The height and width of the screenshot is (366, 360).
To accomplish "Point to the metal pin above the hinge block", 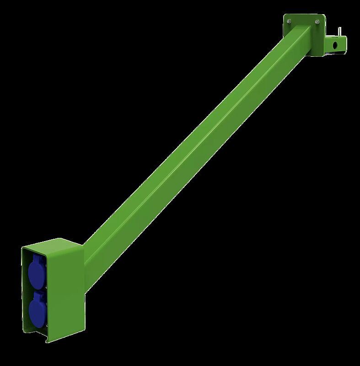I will point(339,30).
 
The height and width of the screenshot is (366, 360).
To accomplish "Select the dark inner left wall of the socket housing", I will point(25,293).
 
